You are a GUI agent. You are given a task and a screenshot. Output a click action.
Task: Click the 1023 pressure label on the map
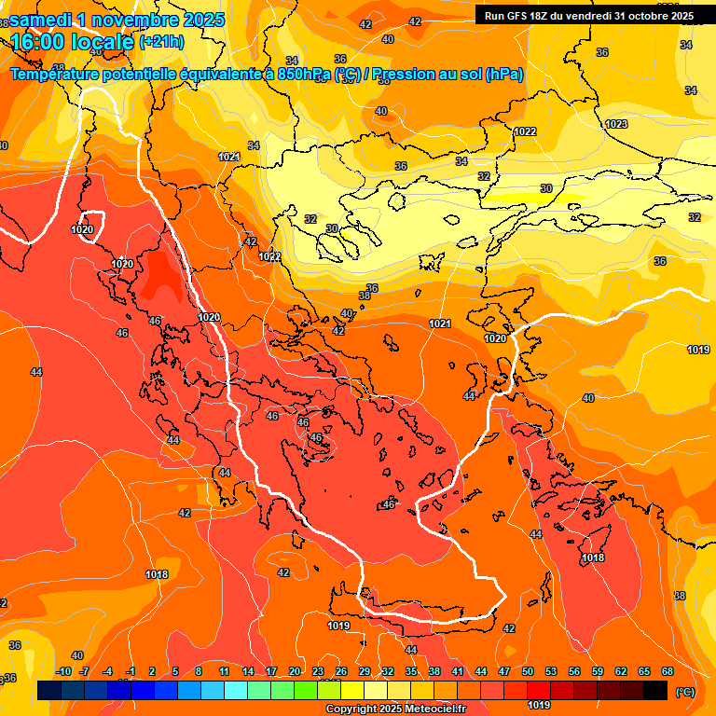tap(616, 124)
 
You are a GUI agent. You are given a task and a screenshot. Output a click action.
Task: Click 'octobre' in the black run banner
tap(646, 16)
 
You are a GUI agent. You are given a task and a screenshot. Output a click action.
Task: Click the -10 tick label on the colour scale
tap(63, 671)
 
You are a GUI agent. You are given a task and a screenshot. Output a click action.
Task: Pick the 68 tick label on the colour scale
tap(668, 671)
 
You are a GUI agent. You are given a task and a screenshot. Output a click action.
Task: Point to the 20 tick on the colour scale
tap(295, 671)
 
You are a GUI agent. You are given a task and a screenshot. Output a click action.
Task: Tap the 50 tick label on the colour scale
tap(528, 671)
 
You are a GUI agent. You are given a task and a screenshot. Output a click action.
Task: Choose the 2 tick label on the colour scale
tap(152, 671)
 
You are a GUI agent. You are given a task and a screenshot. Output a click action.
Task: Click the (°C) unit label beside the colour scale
tap(683, 692)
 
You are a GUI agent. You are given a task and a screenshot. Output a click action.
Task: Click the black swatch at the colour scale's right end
tap(655, 690)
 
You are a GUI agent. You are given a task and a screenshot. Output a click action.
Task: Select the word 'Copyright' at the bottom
tap(351, 709)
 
